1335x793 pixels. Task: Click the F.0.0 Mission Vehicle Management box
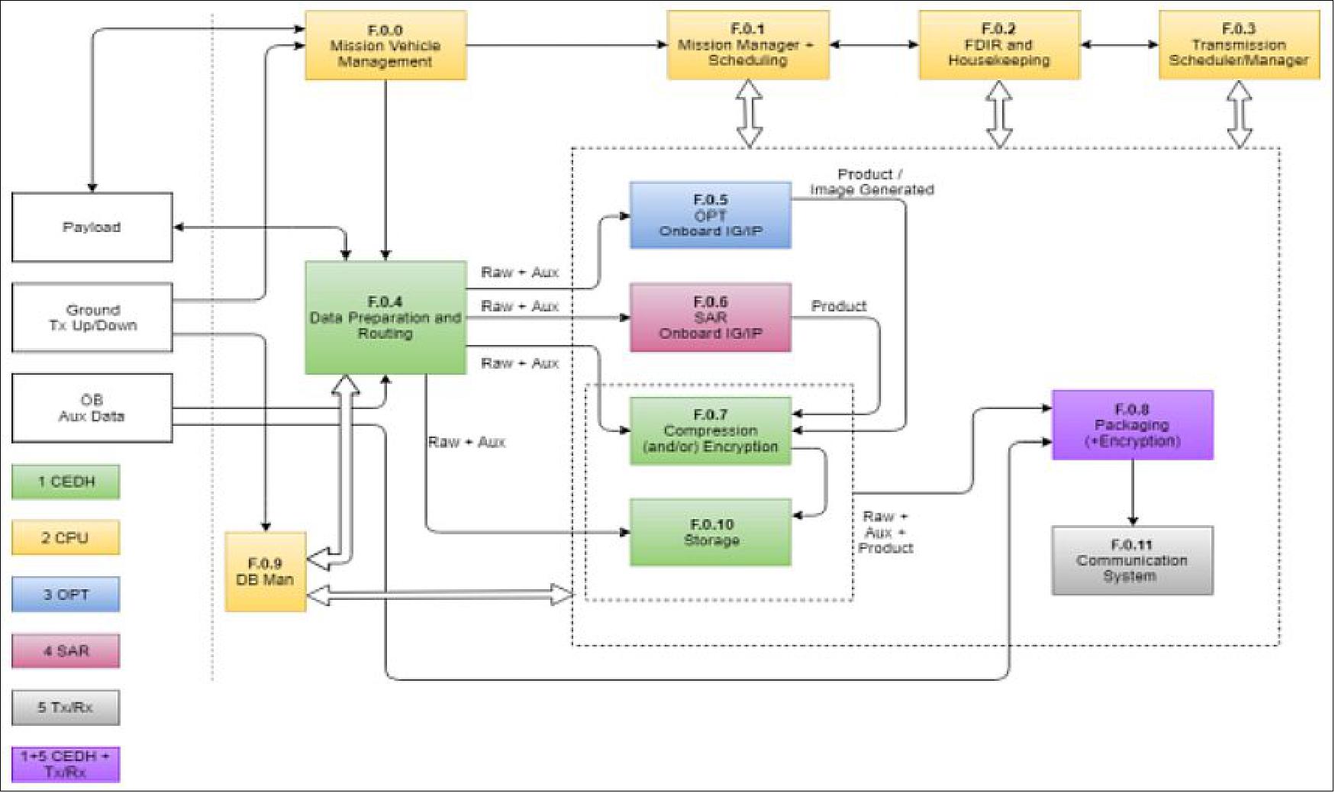[385, 46]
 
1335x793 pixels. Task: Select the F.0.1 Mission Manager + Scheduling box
[747, 45]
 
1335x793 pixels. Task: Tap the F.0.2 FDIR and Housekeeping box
[998, 45]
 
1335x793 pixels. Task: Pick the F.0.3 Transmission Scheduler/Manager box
[1238, 45]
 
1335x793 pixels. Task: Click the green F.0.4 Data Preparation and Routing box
[385, 318]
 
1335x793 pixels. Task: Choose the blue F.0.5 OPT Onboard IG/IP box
[710, 215]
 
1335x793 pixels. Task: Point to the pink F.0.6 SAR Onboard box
[710, 318]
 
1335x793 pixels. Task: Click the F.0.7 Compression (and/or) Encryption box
[710, 430]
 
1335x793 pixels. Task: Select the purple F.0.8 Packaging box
[1132, 425]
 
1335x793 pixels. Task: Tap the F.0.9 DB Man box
[265, 572]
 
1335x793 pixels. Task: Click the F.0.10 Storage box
[710, 532]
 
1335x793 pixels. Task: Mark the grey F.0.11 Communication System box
[1132, 560]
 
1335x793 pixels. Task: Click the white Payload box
[92, 227]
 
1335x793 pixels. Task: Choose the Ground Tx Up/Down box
[92, 318]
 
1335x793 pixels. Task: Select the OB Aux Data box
[92, 408]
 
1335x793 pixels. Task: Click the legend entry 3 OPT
[66, 595]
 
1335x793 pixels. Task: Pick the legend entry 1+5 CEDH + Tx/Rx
[66, 764]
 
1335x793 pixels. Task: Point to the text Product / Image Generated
[871, 182]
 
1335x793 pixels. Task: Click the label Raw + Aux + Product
[885, 532]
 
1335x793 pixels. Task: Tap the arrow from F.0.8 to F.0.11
[1132, 492]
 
